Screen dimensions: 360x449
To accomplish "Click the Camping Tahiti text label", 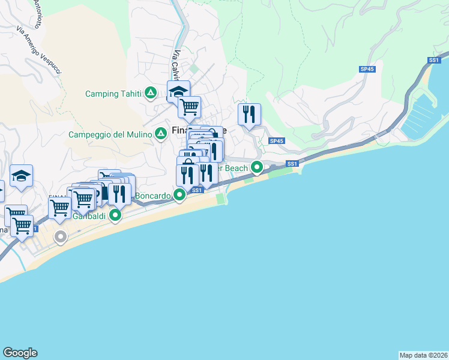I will (113, 94).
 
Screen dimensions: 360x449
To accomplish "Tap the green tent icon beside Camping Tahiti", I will (151, 93).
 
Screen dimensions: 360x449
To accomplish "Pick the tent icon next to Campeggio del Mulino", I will (161, 134).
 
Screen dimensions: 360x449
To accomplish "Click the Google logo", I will (20, 353).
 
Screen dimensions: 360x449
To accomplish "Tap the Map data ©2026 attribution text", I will (423, 355).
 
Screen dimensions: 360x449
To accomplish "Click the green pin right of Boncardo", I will (179, 195).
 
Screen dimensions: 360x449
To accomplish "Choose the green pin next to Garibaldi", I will (115, 215).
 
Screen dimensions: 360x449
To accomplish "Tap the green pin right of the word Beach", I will (257, 168).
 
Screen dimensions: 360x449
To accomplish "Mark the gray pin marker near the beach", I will (60, 237).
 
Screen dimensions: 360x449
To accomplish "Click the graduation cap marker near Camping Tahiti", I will (178, 92).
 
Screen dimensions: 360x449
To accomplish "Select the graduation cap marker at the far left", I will (21, 176).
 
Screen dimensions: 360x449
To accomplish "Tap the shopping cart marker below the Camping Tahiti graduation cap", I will (189, 107).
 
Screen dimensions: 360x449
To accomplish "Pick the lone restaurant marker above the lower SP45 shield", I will (249, 113).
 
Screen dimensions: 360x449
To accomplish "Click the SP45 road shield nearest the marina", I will (367, 70).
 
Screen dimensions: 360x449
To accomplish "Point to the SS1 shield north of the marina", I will (435, 61).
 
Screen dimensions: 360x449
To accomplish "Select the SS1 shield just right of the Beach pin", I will (292, 164).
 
